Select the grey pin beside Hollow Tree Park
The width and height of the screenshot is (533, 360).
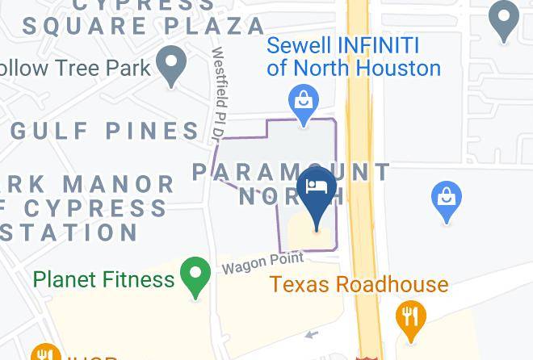pos(171,65)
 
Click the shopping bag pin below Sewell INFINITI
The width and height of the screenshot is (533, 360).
pos(304,103)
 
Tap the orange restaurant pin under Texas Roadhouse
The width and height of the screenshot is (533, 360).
pos(411,317)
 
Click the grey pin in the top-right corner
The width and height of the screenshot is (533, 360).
pos(505,19)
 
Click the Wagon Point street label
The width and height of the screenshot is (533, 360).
pos(263,262)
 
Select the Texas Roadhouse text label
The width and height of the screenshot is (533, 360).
pos(359,284)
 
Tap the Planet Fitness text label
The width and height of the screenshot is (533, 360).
pos(103,279)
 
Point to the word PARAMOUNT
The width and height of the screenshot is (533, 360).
pos(291,172)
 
